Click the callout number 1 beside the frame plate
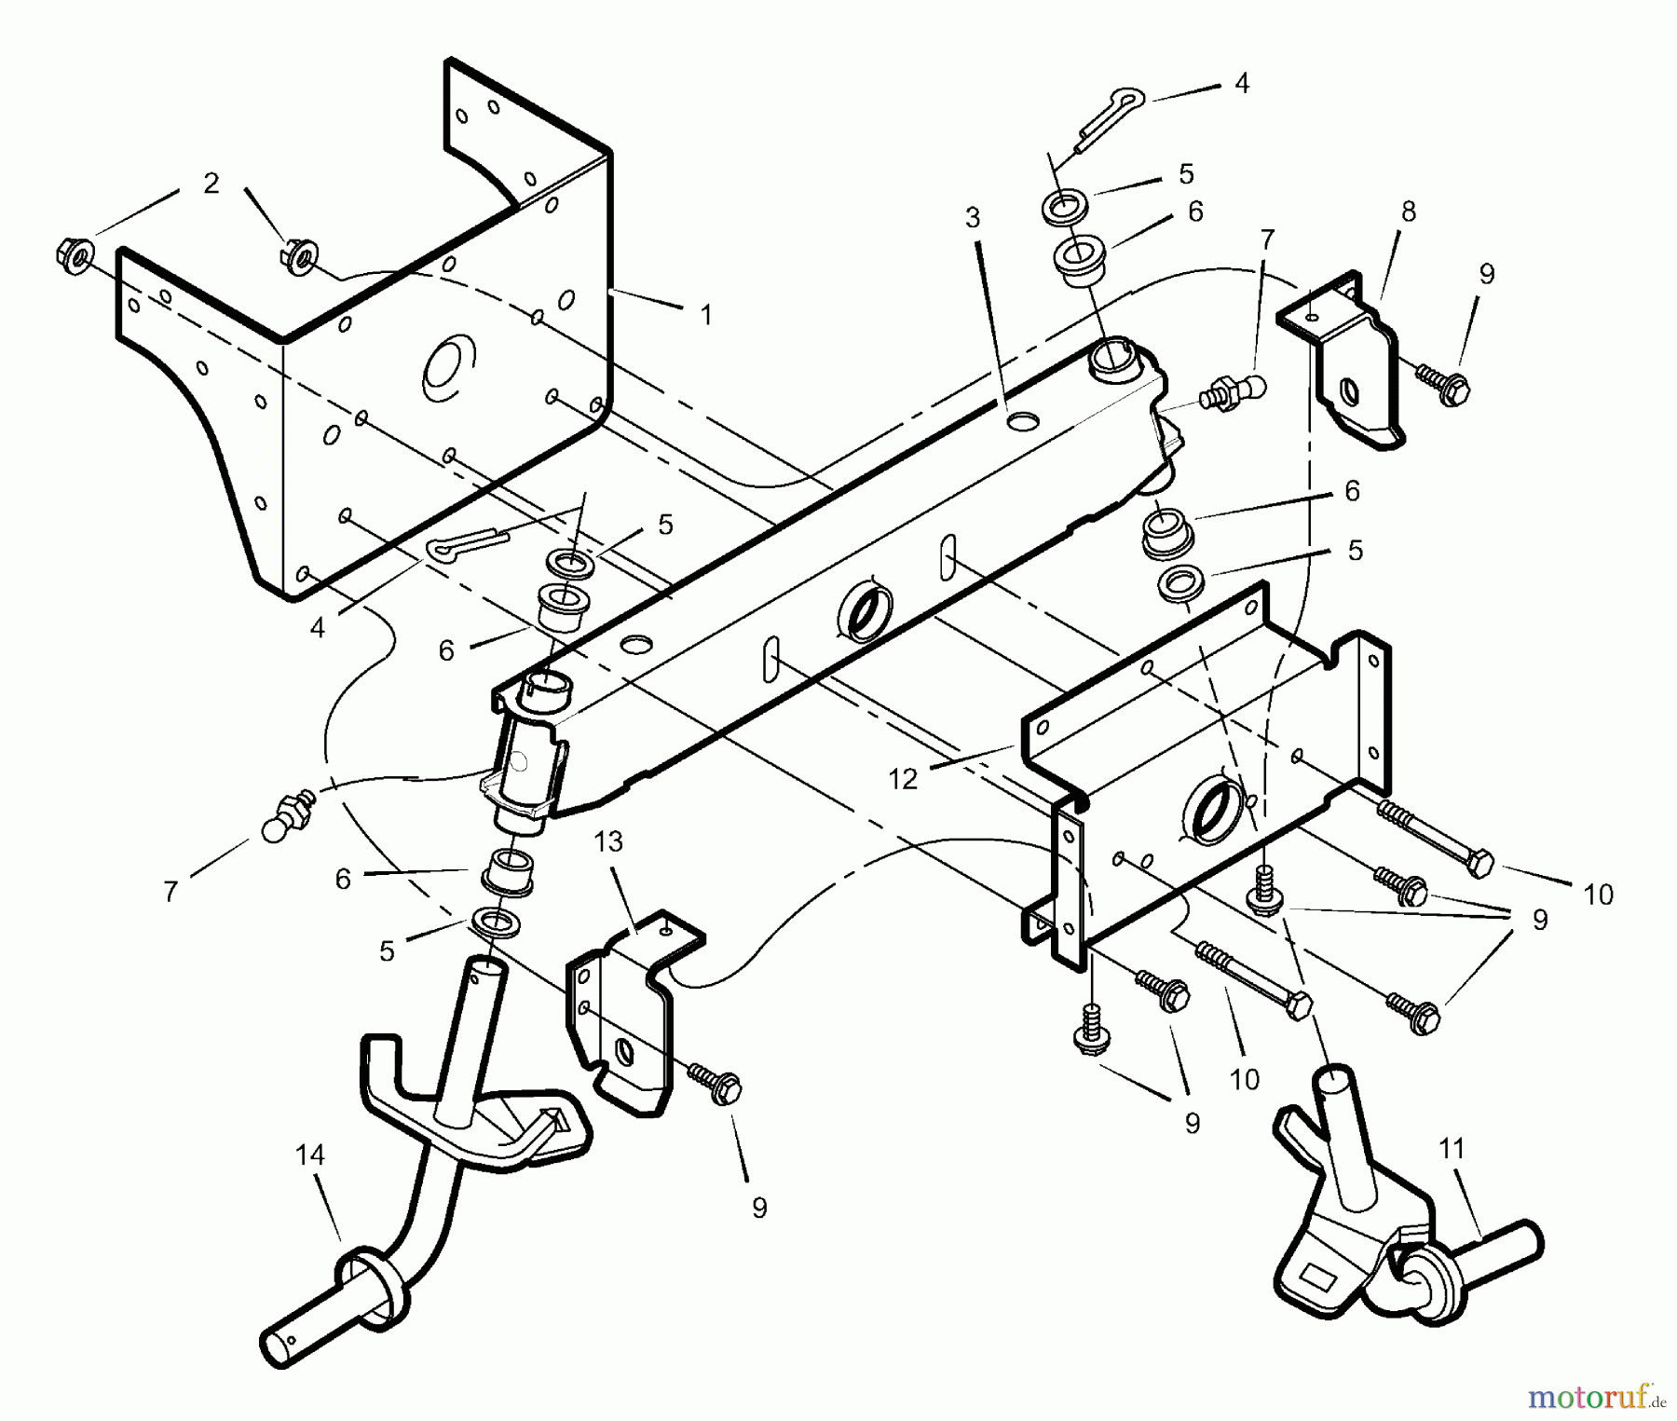click(705, 316)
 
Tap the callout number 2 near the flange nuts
click(211, 184)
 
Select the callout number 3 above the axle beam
click(973, 218)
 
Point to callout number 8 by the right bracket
click(1408, 212)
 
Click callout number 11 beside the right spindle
click(1452, 1150)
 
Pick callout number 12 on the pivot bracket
click(903, 779)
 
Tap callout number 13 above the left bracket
click(608, 842)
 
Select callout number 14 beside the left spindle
click(310, 1155)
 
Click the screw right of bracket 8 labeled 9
click(1441, 382)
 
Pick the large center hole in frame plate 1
click(448, 365)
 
